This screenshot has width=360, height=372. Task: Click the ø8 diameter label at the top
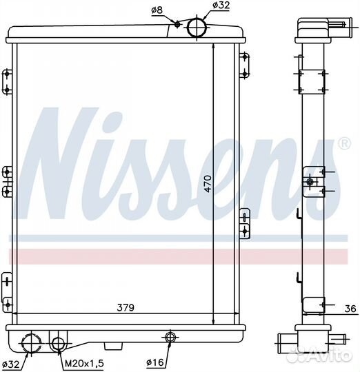coord(157,10)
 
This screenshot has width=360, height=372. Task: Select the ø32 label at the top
coord(221,6)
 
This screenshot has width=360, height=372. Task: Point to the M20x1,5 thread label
coord(84,363)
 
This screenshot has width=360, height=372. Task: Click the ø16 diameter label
coord(155,362)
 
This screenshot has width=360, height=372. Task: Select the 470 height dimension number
coord(208,184)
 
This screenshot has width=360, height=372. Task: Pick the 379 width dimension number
coord(126,307)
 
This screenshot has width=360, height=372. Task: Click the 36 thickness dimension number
coord(350,309)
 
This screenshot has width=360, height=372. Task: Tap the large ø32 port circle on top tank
coord(197,28)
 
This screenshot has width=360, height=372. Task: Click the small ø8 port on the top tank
coord(177,24)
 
